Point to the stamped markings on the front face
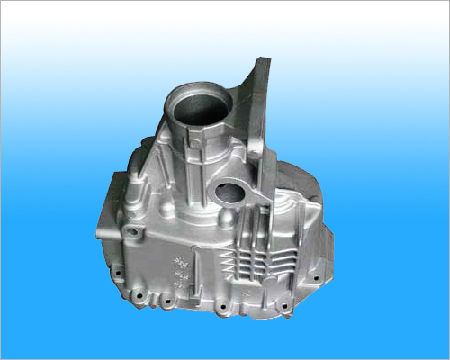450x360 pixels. click(x=181, y=269)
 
